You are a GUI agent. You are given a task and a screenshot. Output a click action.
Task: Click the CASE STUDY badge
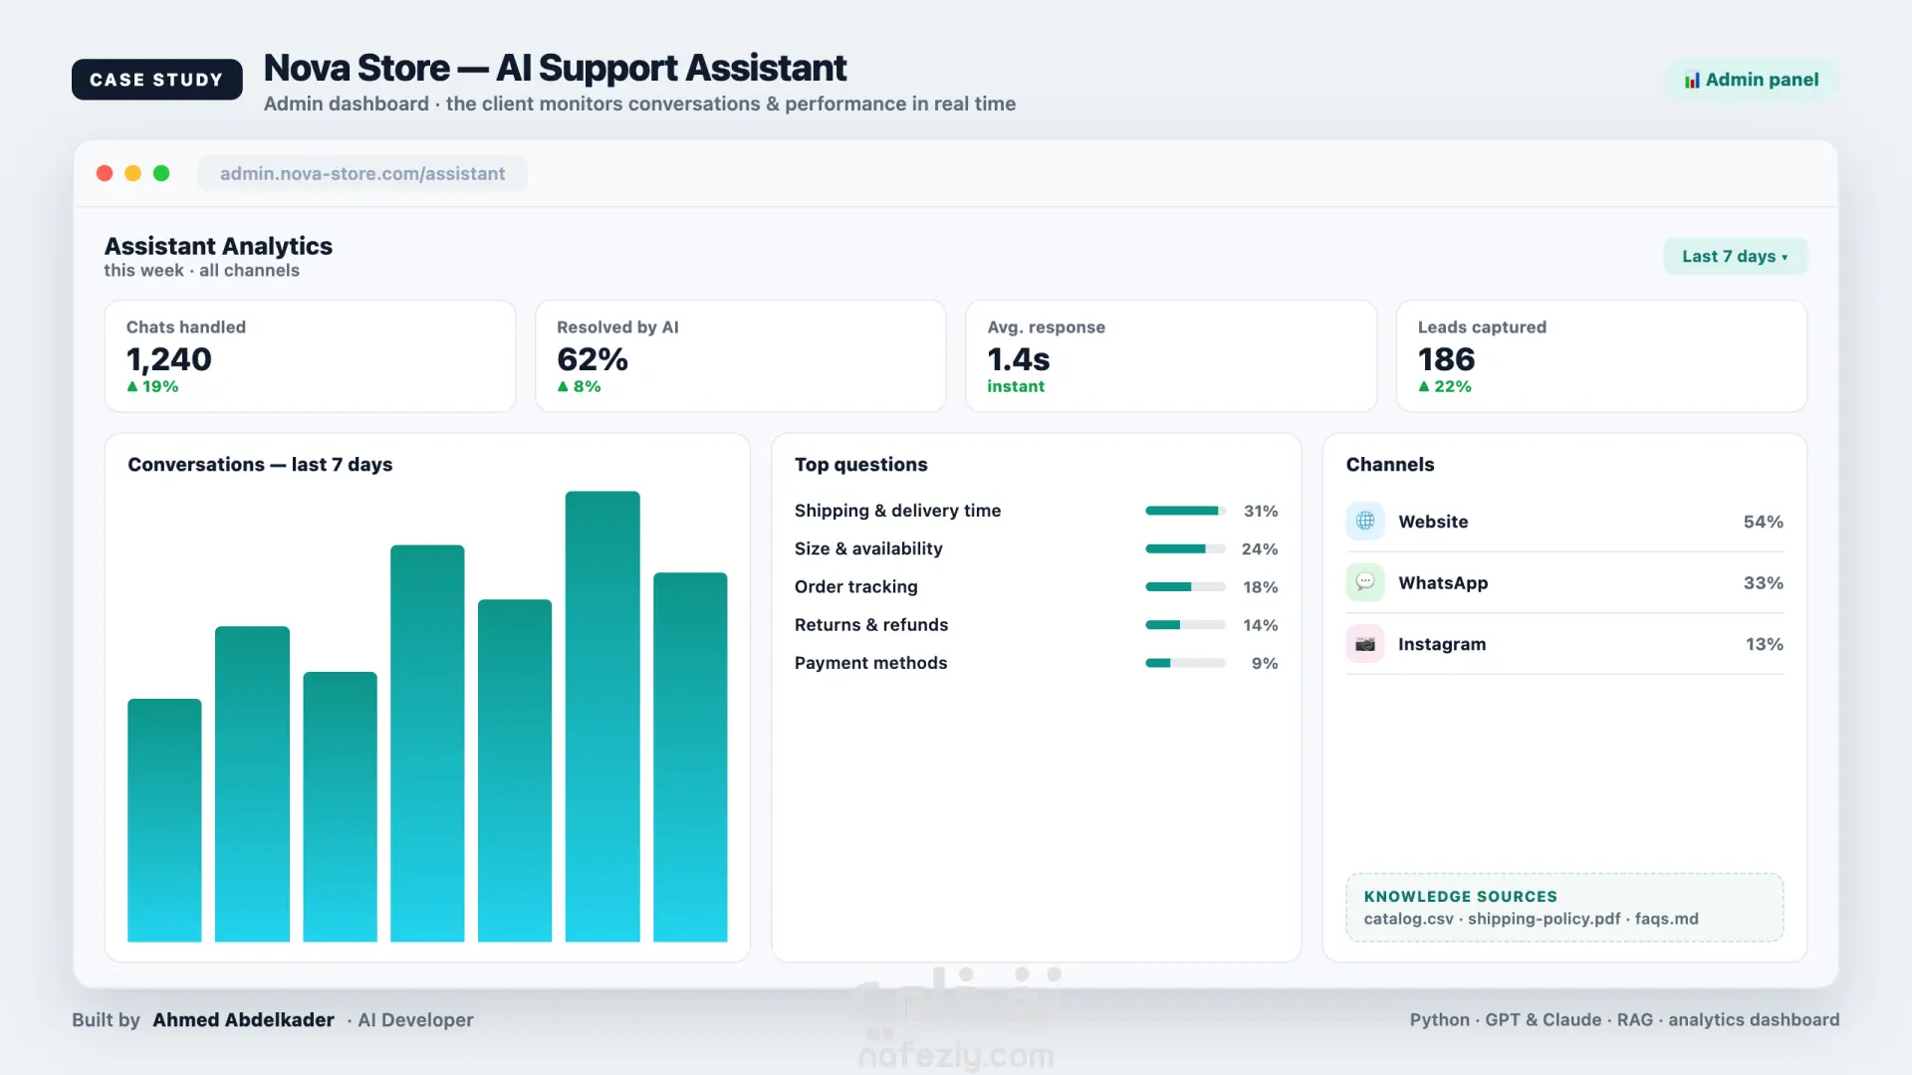pos(156,80)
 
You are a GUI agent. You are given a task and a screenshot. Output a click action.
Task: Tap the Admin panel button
pos(1752,80)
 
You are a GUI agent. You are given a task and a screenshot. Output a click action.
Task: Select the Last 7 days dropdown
pos(1735,256)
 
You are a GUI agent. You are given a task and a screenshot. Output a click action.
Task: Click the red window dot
pos(105,173)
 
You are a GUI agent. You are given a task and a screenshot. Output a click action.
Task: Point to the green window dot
pos(161,173)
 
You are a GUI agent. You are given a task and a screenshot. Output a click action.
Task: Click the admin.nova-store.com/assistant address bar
pos(362,173)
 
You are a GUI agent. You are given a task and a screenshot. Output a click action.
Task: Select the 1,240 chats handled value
pos(168,358)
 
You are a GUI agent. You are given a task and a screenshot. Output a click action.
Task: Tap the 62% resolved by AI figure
pos(592,358)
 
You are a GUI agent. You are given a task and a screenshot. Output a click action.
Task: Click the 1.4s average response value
pos(1018,358)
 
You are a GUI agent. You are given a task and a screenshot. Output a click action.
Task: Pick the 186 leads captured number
pos(1446,358)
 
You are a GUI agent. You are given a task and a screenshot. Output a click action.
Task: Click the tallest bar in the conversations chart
pos(602,716)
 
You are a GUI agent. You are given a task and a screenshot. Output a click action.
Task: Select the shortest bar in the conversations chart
pos(164,820)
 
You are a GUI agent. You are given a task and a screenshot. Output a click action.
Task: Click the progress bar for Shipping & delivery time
pos(1185,511)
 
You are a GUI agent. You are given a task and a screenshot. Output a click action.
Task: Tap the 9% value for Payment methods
pos(1265,663)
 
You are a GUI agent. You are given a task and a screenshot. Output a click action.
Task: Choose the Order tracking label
pos(855,587)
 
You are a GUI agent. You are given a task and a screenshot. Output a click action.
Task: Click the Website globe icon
pos(1365,521)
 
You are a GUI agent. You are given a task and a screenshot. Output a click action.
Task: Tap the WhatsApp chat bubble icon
pos(1365,582)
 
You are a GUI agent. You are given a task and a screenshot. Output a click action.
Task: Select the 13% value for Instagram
pos(1764,644)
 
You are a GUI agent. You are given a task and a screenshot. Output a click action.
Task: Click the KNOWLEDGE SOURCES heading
pos(1460,897)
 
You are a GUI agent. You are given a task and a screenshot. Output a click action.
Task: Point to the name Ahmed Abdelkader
pos(243,1019)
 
